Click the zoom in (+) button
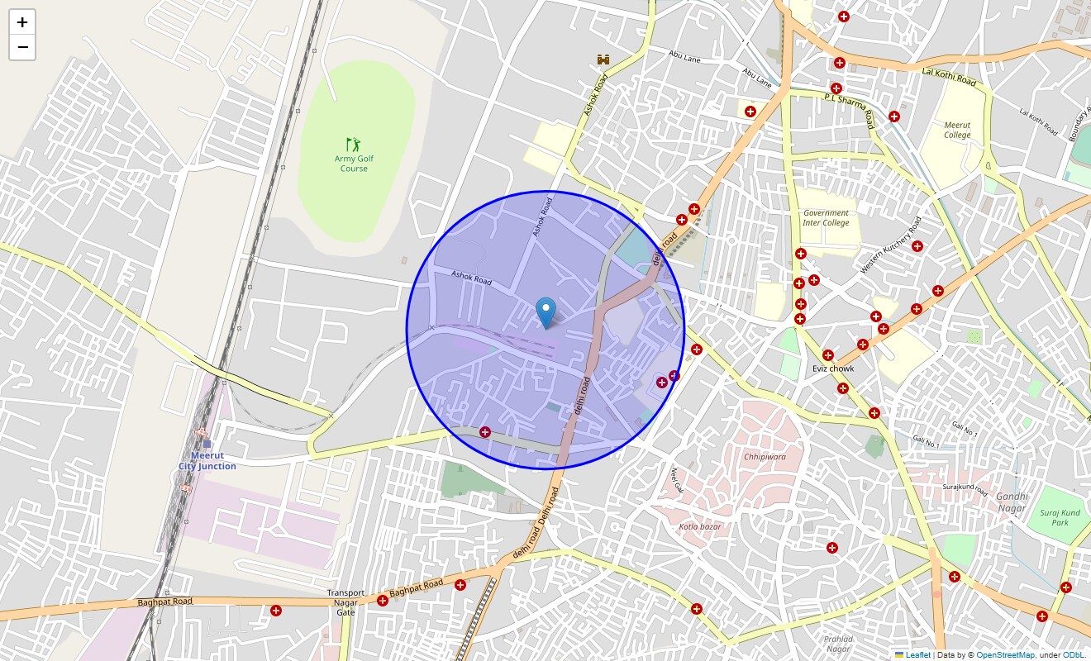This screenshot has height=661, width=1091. [x=22, y=22]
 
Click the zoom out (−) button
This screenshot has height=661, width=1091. [x=22, y=48]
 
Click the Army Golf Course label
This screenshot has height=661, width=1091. [x=354, y=164]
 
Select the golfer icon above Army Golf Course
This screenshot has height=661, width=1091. [x=354, y=145]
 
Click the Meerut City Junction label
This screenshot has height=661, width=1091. [x=207, y=461]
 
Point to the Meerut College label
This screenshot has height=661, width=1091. [x=957, y=130]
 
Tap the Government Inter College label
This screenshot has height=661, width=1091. [x=826, y=218]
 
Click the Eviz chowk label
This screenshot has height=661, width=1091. [x=833, y=369]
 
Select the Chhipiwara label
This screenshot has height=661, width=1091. [x=765, y=456]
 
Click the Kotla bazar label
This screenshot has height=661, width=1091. [x=700, y=526]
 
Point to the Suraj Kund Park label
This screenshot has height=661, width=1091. [x=1060, y=517]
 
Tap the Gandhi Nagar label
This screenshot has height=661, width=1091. [x=1011, y=502]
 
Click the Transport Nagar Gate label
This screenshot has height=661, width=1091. [x=345, y=602]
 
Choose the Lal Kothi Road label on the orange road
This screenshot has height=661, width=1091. [x=949, y=78]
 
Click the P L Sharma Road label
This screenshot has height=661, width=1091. [x=850, y=109]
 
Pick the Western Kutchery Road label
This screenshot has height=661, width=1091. [x=891, y=245]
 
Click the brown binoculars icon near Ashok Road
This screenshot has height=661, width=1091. [x=604, y=59]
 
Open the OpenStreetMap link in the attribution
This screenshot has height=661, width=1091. [x=1005, y=655]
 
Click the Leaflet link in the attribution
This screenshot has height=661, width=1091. [x=917, y=655]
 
